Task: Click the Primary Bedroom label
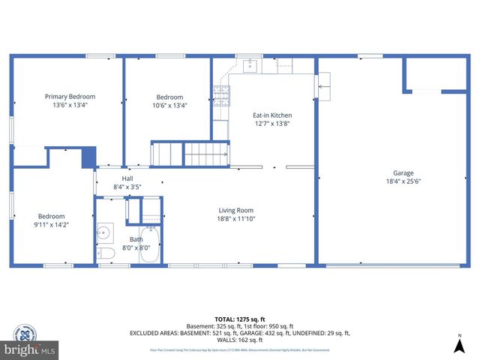click(70, 97)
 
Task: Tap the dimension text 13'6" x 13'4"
click(70, 106)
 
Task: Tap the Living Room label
click(235, 210)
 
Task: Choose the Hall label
click(127, 178)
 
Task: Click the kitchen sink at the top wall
click(250, 66)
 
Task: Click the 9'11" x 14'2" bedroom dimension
click(51, 225)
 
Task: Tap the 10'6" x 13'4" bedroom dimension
click(169, 106)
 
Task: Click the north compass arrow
click(458, 344)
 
